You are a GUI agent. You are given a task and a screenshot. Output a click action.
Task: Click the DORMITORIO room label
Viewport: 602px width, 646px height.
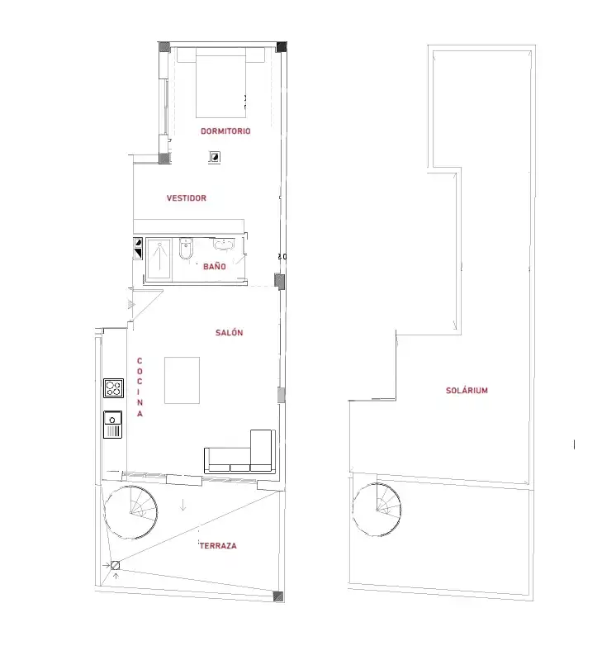225,131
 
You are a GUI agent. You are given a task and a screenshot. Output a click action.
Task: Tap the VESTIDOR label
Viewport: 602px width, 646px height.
186,198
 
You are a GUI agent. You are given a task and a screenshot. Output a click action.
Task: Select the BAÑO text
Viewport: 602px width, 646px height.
214,267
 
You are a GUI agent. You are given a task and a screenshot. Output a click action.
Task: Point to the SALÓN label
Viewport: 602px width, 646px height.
229,332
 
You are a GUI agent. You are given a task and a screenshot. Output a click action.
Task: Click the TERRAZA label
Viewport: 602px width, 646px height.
218,546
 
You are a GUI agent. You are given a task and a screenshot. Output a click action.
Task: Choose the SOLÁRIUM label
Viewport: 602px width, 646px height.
467,390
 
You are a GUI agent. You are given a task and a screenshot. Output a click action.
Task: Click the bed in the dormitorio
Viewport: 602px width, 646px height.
220,83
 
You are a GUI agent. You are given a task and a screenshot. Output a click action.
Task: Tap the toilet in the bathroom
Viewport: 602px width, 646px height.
186,249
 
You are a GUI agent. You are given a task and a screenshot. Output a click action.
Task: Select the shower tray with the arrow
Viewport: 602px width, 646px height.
159,259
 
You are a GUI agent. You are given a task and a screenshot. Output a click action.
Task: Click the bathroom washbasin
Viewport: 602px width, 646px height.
224,245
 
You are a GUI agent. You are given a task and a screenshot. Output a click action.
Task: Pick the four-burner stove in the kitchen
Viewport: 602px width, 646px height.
113,388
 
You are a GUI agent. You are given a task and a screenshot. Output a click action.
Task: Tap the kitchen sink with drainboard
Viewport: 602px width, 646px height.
112,425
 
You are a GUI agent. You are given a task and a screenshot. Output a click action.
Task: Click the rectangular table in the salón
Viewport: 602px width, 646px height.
182,380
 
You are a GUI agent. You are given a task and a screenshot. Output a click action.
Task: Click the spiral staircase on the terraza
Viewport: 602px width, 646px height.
130,512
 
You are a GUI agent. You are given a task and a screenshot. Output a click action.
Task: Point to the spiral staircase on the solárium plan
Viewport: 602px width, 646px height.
377,510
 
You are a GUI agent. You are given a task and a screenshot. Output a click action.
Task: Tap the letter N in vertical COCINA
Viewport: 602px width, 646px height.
140,402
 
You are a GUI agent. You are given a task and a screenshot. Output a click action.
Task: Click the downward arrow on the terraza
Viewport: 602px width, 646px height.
182,505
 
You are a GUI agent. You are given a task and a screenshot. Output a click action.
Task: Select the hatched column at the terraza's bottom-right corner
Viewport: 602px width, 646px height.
278,596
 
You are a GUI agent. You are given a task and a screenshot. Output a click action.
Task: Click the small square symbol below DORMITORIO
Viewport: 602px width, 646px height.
215,157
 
